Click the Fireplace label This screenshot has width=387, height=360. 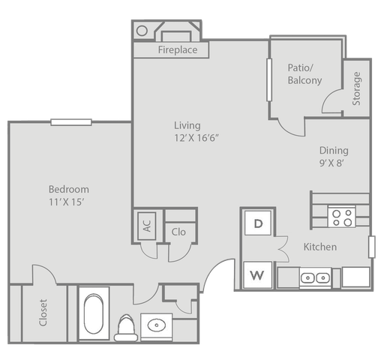pos(178,49)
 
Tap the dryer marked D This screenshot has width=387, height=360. pos(258,223)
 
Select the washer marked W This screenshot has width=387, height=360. pos(257,275)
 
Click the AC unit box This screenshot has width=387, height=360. pos(147,226)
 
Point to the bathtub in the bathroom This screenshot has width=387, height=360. pos(94,313)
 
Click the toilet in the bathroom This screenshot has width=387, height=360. pos(126,328)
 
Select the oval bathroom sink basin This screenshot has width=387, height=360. pos(157,325)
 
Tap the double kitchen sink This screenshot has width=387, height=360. pos(315,277)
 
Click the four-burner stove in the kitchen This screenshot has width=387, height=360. pos(342,217)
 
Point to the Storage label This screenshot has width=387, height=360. pos(356,88)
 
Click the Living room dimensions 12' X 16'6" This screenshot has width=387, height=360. pos(196,138)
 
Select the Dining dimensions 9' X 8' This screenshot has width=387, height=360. pos(331,163)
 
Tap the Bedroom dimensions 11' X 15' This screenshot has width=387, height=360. pos(66,202)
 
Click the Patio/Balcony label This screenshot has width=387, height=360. pos(304,74)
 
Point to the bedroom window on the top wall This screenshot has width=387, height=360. pos(71,122)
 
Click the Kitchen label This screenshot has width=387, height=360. pos(320,247)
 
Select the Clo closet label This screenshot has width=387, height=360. pos(178,232)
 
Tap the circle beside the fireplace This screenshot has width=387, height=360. pos(142,31)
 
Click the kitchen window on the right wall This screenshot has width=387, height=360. pos(372,247)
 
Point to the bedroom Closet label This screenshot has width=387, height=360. pos(43,313)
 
